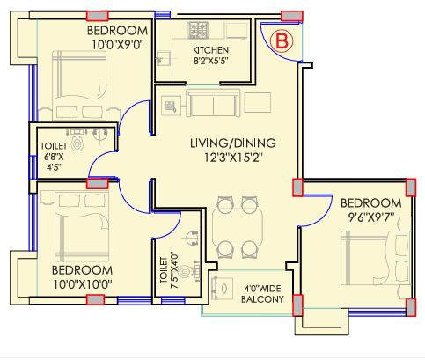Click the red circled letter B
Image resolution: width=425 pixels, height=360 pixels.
click(282, 40)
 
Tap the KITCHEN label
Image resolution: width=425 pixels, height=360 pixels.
click(210, 50)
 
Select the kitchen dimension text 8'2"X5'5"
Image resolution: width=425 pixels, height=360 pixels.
click(210, 61)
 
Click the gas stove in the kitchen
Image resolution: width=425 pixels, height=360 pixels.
click(198, 30)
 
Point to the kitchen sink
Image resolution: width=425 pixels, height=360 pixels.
click(164, 58)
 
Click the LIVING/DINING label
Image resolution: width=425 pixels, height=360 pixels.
click(233, 143)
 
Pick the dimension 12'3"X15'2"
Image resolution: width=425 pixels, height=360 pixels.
click(233, 158)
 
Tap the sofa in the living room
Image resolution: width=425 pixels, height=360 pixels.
click(213, 103)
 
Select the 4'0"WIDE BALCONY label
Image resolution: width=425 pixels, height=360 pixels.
click(262, 294)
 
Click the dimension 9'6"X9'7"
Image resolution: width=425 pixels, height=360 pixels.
click(371, 217)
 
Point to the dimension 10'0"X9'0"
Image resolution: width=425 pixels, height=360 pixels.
click(118, 45)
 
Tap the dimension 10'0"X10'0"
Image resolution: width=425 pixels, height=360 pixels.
click(83, 284)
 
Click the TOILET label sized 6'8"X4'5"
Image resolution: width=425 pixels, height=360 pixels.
click(54, 146)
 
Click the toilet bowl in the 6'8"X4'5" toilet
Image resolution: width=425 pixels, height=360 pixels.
click(77, 143)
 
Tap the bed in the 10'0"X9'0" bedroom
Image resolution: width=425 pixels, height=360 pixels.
click(79, 85)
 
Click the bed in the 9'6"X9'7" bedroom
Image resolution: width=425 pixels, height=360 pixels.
click(376, 258)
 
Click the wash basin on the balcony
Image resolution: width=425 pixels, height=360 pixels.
click(222, 288)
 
